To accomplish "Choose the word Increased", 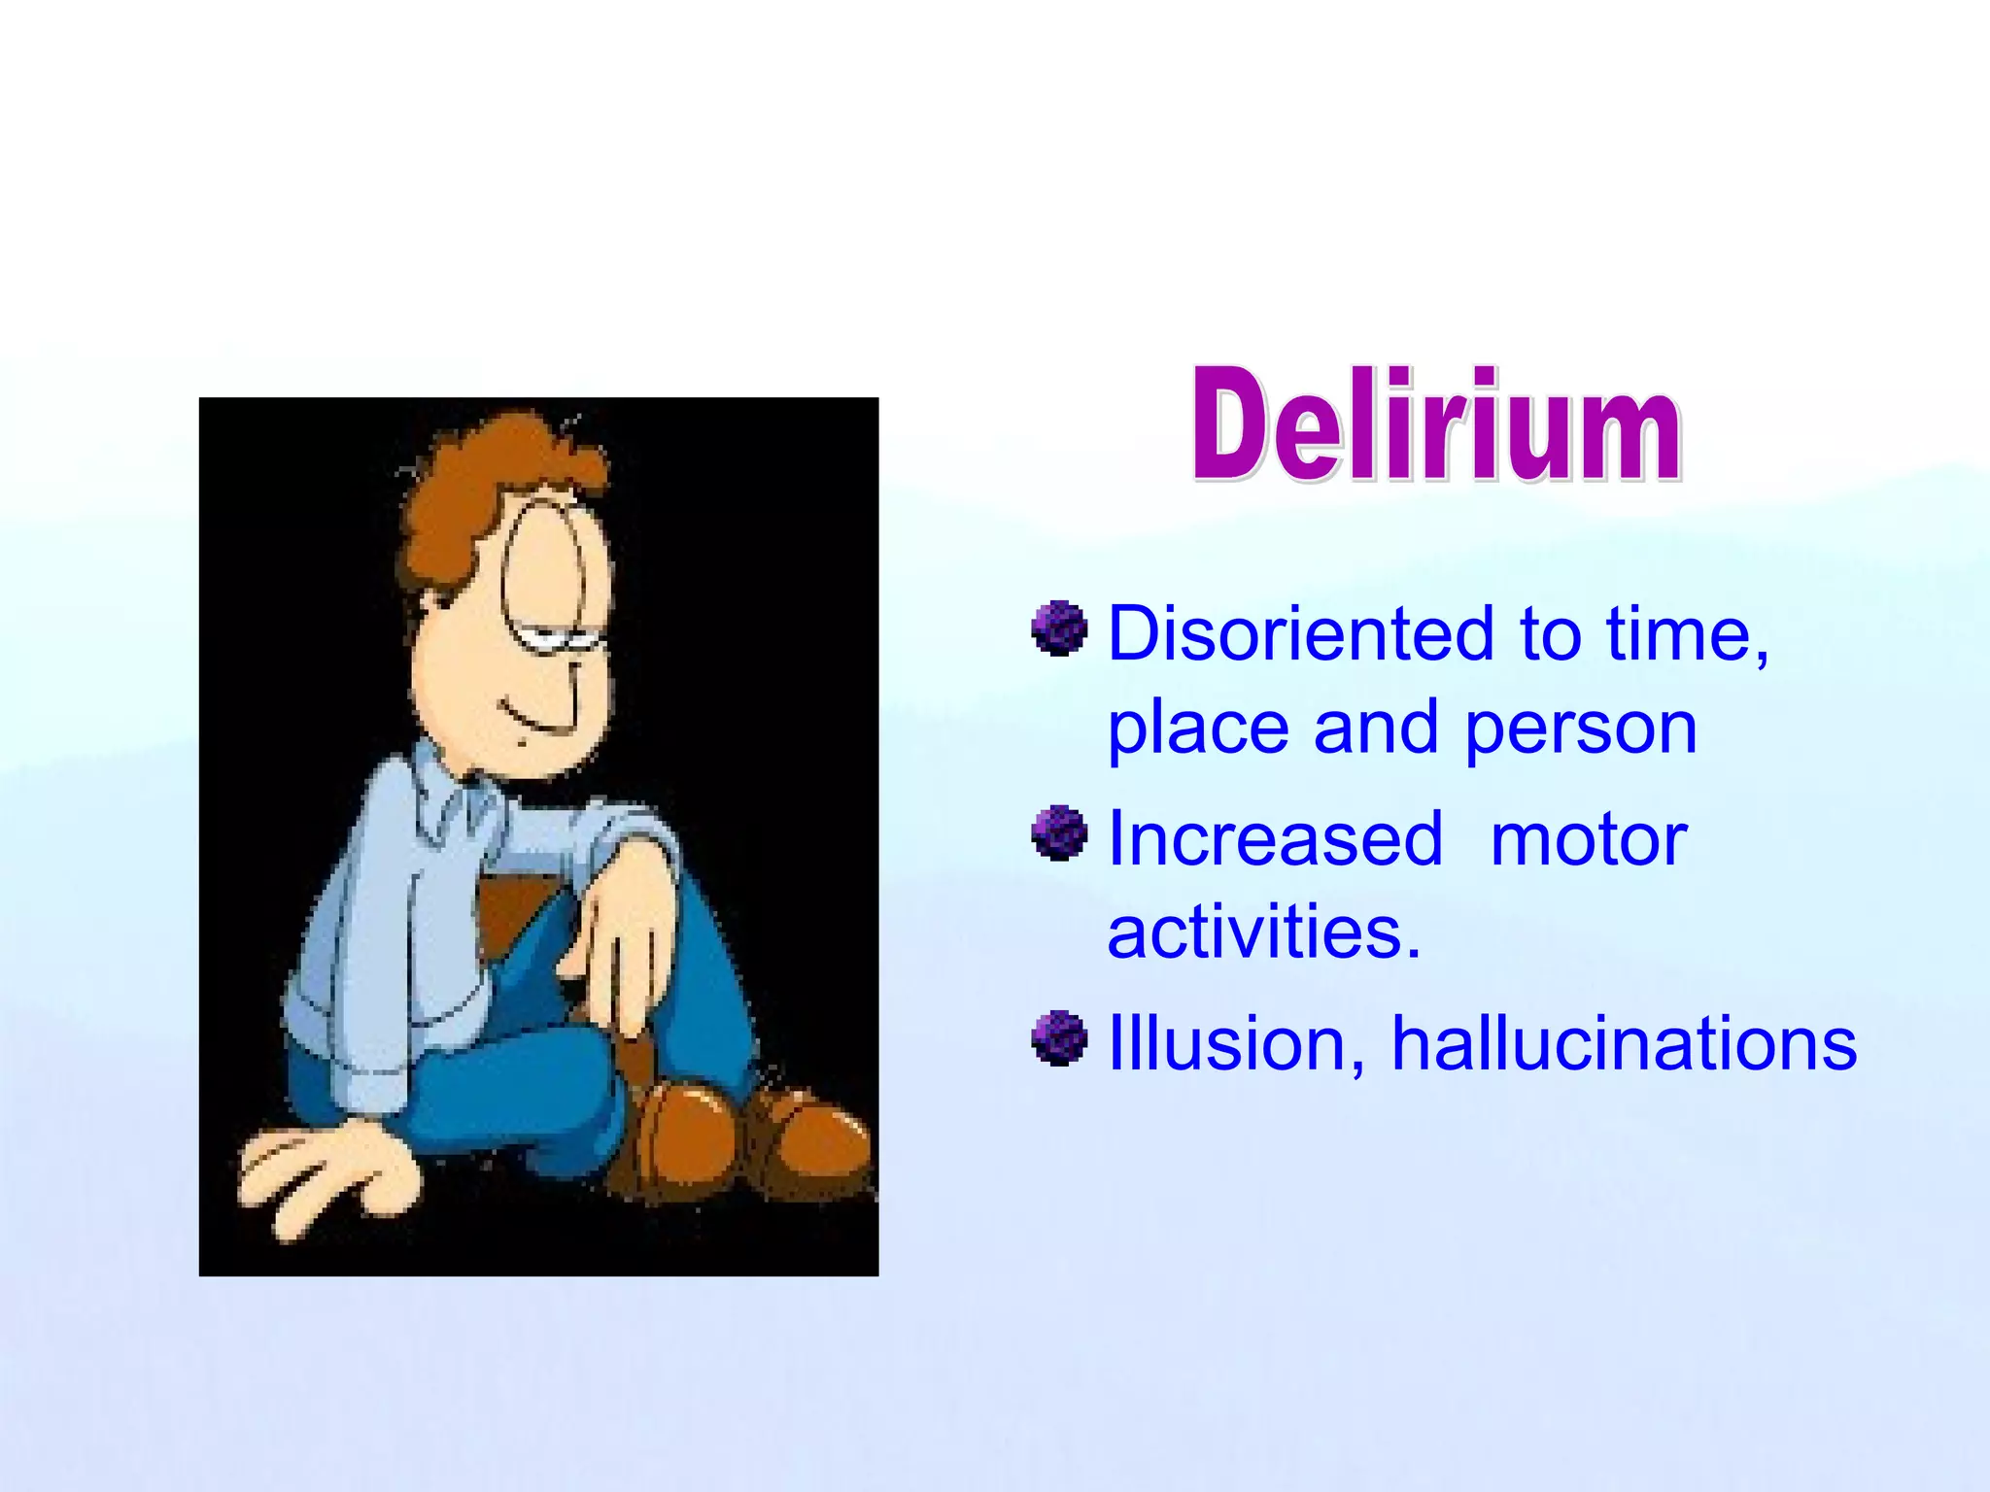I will (1275, 838).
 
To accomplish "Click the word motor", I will (1588, 840).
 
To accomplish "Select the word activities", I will (1263, 932).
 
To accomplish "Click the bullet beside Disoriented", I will (1059, 628).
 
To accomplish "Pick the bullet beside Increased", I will (1059, 833).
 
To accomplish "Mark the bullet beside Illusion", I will (1059, 1038).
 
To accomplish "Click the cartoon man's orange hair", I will (476, 486).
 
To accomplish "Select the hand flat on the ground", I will (321, 1175).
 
